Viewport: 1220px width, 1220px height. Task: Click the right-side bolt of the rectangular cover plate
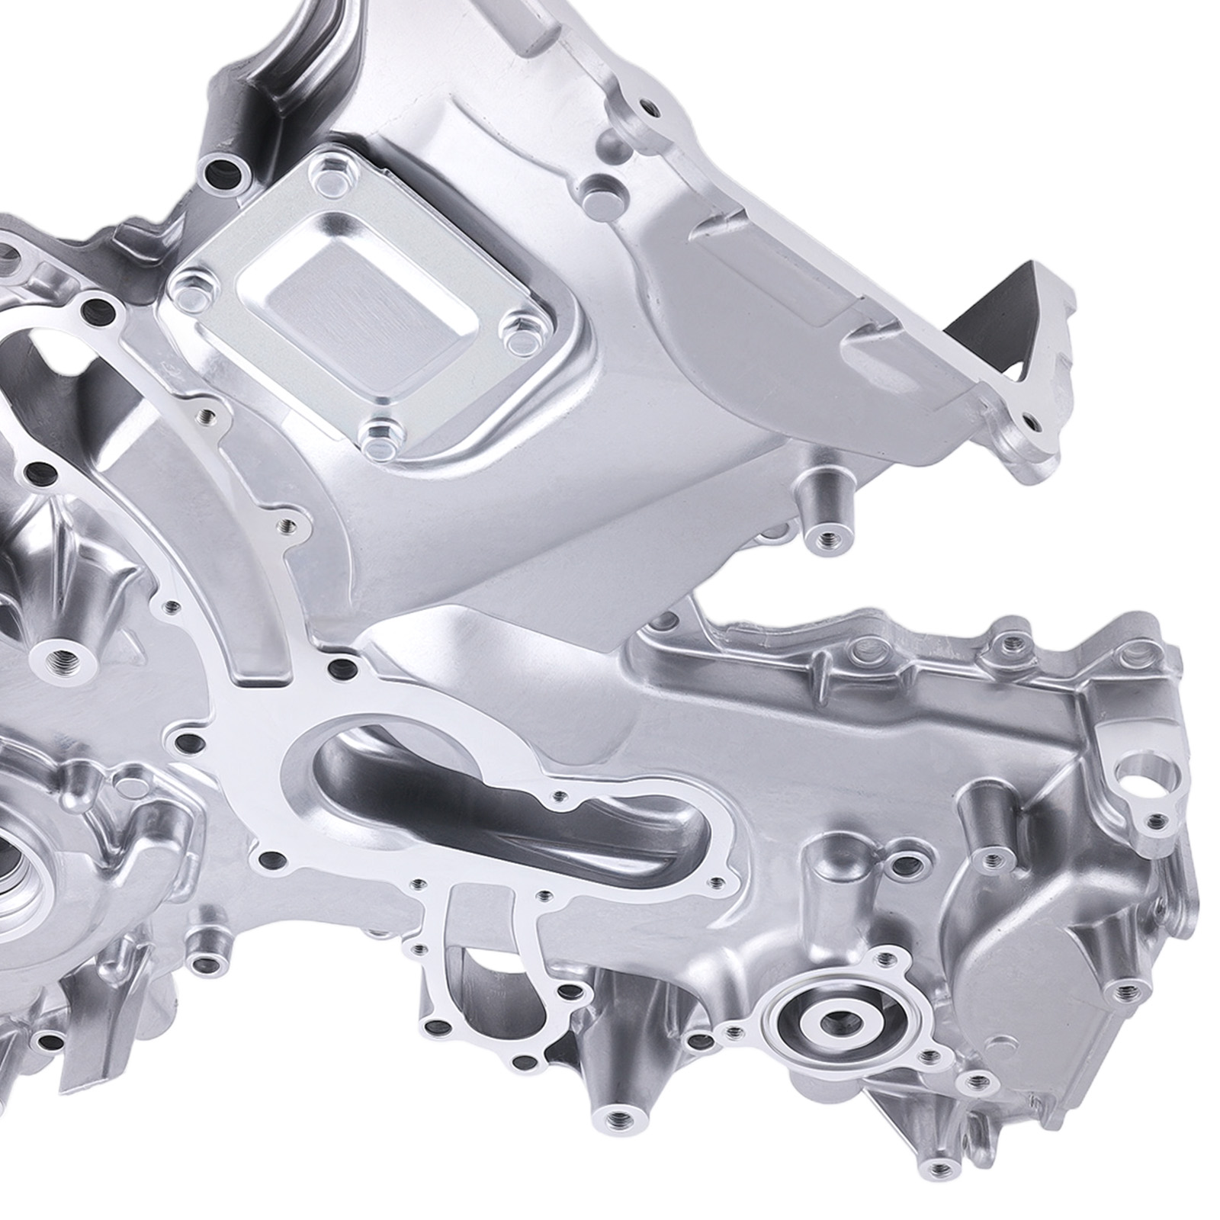[520, 332]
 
